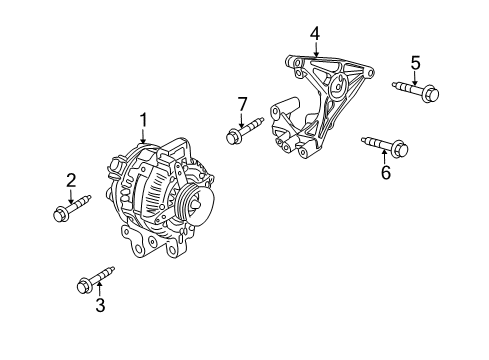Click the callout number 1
[143, 120]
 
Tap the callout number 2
[71, 180]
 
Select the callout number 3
[100, 306]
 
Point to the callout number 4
[315, 33]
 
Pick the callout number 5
[416, 62]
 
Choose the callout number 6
[384, 172]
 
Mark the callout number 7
[241, 103]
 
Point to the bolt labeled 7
[244, 129]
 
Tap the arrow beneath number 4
[315, 51]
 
